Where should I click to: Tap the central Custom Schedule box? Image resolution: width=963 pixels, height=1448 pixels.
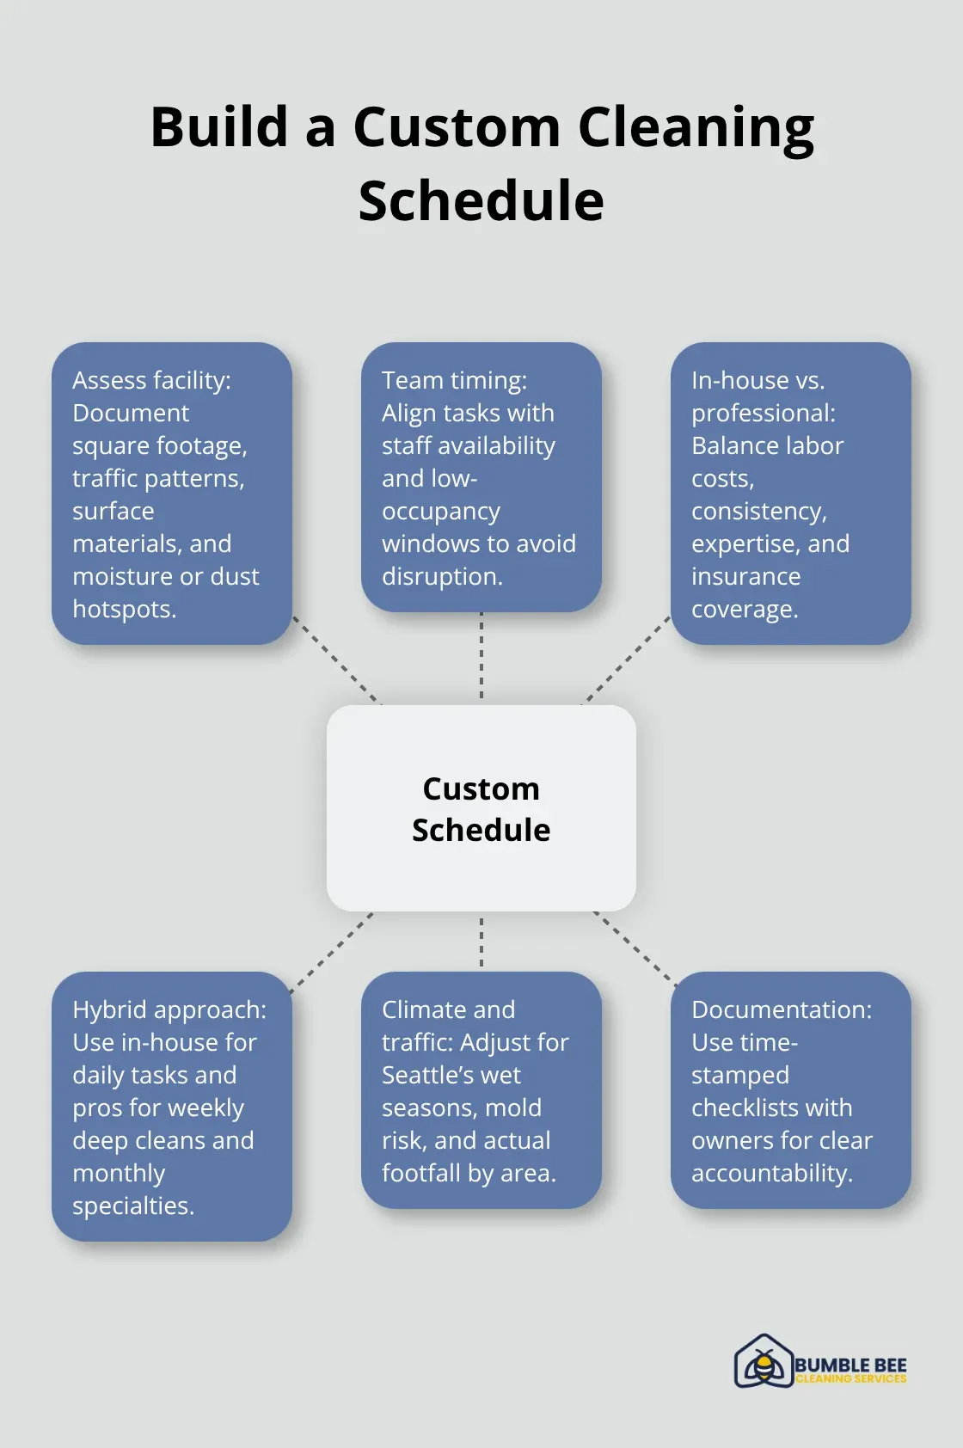coord(481,808)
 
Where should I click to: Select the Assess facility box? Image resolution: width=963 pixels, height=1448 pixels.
coord(172,494)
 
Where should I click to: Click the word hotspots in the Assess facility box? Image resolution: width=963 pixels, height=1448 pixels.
coord(124,609)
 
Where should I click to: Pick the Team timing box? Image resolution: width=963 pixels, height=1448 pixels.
coord(481,477)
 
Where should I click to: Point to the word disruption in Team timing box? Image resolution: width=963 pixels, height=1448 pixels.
coord(441,576)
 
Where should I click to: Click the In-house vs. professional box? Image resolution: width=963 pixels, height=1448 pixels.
coord(790,494)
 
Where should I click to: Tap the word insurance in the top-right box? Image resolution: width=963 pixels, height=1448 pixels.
coord(745,576)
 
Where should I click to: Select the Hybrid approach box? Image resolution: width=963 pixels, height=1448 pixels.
coord(172,1107)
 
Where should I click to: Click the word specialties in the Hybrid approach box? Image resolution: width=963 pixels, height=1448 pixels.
coord(132,1206)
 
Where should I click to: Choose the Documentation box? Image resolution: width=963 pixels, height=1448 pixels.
coord(790,1090)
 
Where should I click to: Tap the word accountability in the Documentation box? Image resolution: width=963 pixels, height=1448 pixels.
coord(771,1173)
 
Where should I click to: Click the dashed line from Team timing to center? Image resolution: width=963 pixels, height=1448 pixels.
coord(481,657)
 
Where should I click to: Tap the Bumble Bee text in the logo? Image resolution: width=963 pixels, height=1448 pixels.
coord(850,1365)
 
